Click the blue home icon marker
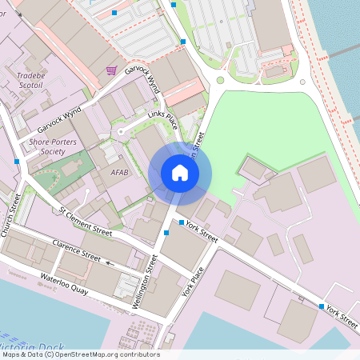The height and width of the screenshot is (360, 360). click(x=180, y=172)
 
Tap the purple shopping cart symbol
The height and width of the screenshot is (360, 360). click(x=111, y=70)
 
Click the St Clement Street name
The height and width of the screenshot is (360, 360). click(x=86, y=221)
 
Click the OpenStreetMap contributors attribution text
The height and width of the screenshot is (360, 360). click(x=80, y=354)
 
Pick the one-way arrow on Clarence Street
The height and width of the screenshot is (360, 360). click(x=110, y=262)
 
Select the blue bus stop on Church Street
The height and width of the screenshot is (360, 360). click(x=17, y=162)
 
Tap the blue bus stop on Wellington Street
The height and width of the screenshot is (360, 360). click(x=166, y=232)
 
